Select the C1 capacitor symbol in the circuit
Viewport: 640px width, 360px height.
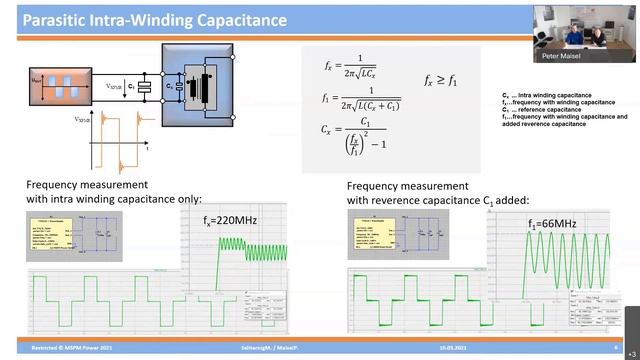coord(146,88)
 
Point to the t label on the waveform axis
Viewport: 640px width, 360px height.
coord(148,147)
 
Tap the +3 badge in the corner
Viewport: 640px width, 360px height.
coord(630,352)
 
